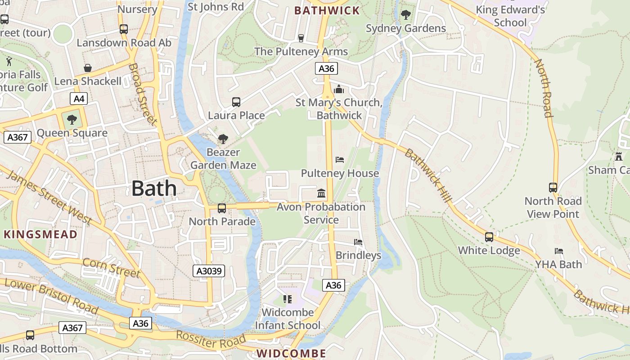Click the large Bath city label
click(x=154, y=188)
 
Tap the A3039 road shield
click(x=209, y=270)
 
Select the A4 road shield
click(x=78, y=99)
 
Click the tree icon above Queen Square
click(x=72, y=120)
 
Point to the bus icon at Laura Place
click(x=236, y=102)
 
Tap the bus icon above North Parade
click(x=222, y=208)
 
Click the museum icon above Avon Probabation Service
click(x=321, y=193)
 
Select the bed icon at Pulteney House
click(x=340, y=160)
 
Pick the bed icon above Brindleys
click(x=358, y=242)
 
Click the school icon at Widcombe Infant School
click(x=287, y=299)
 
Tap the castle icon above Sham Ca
click(x=619, y=157)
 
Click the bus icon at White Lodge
click(x=489, y=237)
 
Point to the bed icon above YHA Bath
click(x=559, y=251)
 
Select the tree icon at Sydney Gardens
click(x=406, y=15)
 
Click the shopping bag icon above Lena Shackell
click(x=88, y=68)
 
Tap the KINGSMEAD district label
click(x=40, y=234)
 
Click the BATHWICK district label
click(x=327, y=10)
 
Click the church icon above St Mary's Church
click(x=339, y=89)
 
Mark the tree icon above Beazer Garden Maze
click(x=223, y=139)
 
